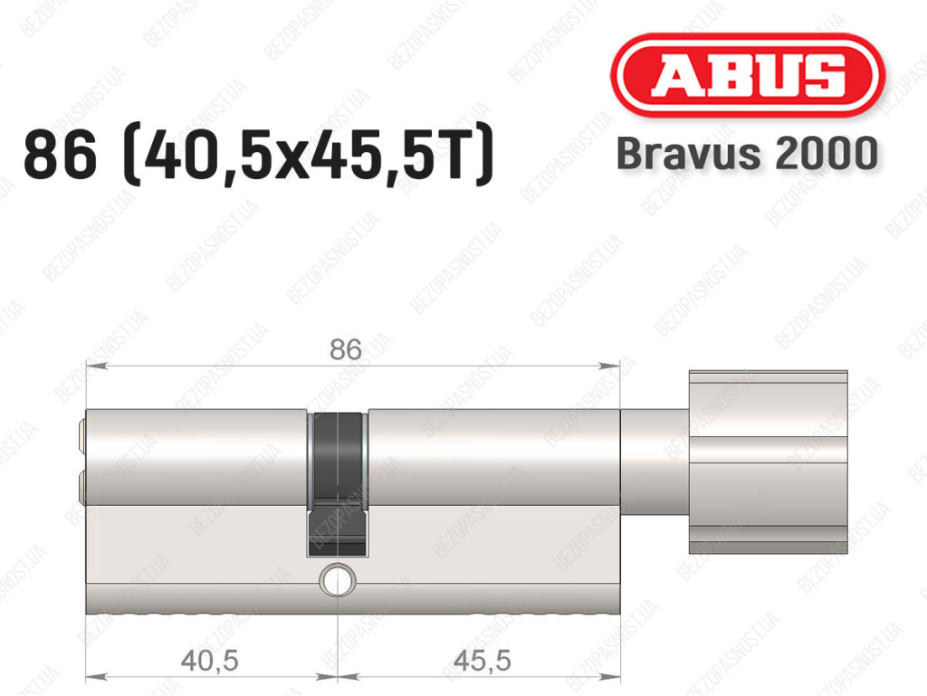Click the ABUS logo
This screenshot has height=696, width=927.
coord(747,75)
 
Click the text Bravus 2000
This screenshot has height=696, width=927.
coord(747,153)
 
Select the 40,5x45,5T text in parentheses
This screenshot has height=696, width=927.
coord(308,155)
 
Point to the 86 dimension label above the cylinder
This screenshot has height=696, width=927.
coord(345,349)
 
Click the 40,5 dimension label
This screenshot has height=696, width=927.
coord(209,660)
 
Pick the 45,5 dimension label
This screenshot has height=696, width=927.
coord(482,660)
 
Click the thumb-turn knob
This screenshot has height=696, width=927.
coord(768,462)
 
